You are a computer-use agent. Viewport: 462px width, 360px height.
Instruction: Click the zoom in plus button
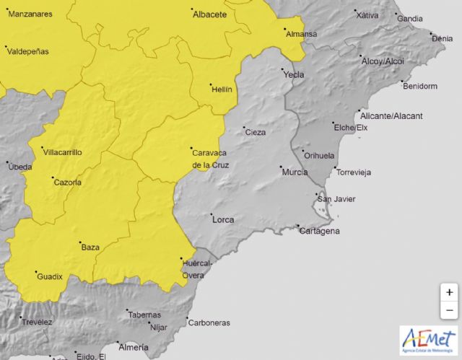(449, 292)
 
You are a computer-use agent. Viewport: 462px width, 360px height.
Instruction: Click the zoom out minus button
(449, 310)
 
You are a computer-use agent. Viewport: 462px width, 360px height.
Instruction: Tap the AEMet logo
(428, 341)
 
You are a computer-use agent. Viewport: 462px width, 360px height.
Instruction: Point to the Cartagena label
(320, 231)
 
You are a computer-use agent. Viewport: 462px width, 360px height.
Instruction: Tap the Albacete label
(211, 14)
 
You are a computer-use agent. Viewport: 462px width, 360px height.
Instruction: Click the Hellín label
(221, 89)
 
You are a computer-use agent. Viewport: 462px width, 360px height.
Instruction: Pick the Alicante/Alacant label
(391, 115)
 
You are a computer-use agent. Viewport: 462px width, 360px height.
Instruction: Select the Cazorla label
(68, 182)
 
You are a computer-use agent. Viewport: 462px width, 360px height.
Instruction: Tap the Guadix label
(50, 276)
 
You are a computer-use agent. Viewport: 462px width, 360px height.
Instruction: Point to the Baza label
(90, 247)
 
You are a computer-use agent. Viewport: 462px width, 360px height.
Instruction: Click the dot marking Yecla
(284, 70)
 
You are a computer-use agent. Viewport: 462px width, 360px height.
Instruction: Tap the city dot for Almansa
(284, 30)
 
